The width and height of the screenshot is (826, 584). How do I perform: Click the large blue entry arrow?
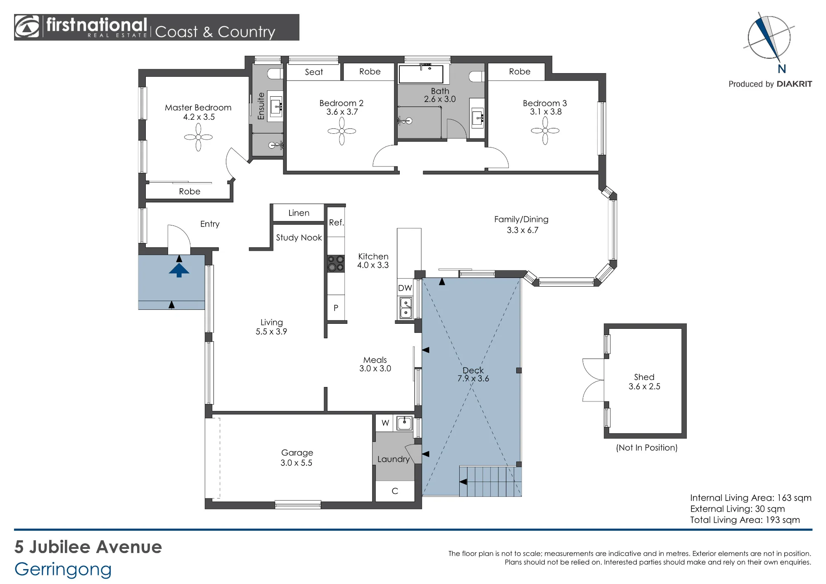179,271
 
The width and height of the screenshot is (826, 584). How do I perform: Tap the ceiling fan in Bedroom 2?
342,131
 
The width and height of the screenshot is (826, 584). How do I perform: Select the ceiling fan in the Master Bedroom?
198,137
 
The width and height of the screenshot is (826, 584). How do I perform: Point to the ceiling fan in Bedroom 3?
545,131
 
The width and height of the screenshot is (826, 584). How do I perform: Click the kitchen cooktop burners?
336,264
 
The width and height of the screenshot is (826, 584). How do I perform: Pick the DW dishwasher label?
405,288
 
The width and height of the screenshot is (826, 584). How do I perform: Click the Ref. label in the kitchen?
336,223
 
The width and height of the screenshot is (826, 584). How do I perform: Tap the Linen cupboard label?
299,213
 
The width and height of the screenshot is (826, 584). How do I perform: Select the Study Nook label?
299,237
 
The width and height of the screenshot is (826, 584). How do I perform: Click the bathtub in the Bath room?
421,74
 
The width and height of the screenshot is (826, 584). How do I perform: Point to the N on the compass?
782,69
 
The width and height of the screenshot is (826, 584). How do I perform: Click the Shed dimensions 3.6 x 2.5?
644,387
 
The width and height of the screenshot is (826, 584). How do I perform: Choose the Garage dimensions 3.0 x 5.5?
297,463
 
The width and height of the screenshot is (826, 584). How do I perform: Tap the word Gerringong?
63,570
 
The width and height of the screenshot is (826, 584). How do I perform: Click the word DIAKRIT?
794,84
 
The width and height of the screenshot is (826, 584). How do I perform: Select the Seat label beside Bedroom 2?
314,72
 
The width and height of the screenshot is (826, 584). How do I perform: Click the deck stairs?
491,481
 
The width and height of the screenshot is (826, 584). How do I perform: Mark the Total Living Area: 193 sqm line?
745,520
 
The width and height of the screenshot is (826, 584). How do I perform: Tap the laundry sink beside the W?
404,423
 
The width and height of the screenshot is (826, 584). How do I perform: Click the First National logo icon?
27,27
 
